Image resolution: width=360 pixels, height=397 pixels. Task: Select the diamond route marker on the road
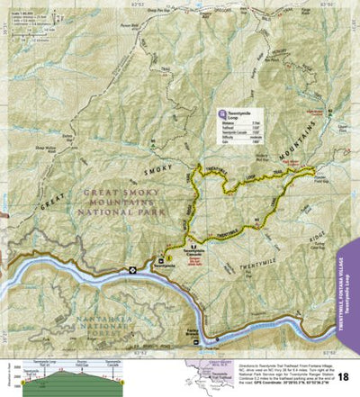(133, 269)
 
